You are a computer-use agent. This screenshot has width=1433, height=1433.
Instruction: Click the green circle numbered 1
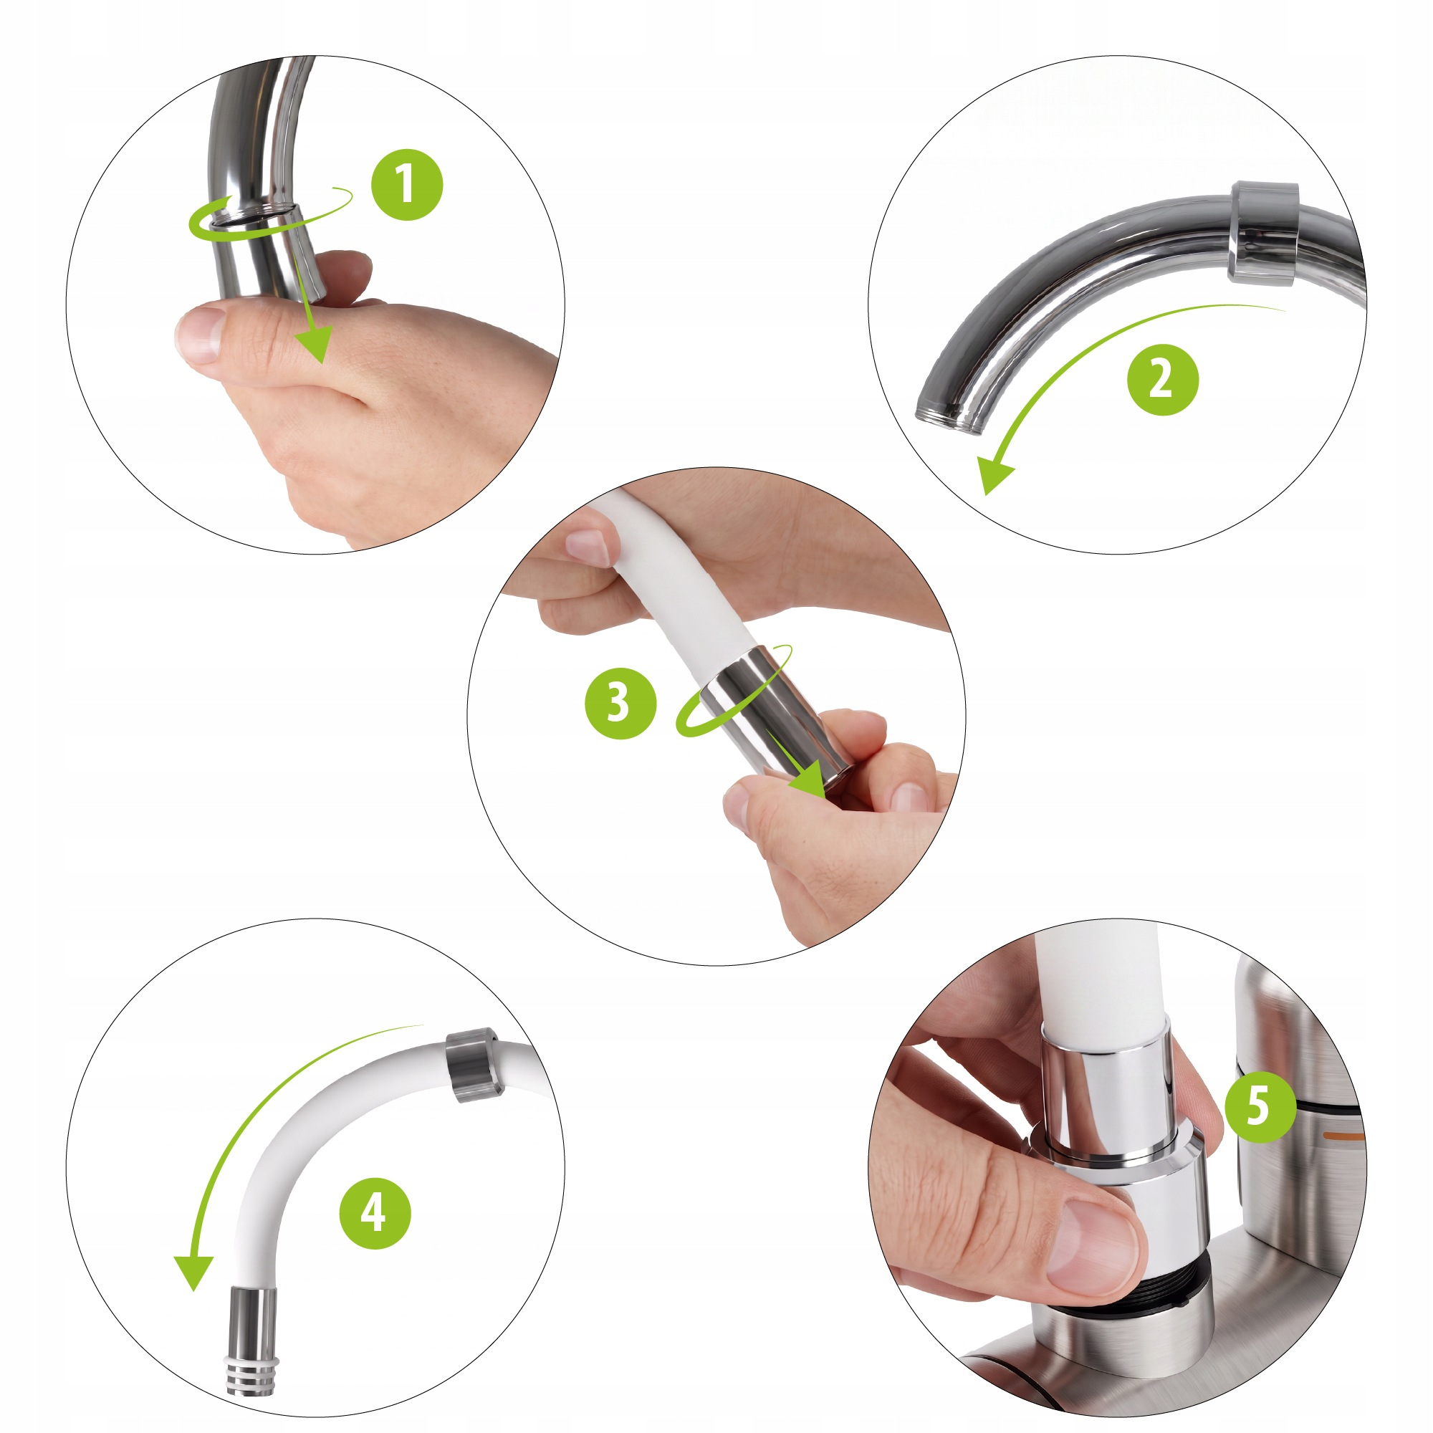click(407, 185)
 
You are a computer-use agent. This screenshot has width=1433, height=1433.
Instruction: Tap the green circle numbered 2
click(1162, 379)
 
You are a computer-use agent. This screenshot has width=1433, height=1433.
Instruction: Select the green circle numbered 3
click(620, 702)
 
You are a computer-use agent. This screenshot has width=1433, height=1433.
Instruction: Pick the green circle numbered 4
click(375, 1214)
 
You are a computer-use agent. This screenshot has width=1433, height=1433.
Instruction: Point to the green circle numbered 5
click(1259, 1106)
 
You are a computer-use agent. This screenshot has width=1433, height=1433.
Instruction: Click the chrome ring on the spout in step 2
click(1262, 232)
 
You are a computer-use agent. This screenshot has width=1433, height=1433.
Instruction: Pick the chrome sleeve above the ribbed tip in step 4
click(253, 1325)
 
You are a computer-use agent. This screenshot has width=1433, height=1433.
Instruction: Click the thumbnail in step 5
click(1091, 1248)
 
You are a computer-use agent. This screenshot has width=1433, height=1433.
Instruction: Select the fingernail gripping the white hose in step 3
click(588, 547)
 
